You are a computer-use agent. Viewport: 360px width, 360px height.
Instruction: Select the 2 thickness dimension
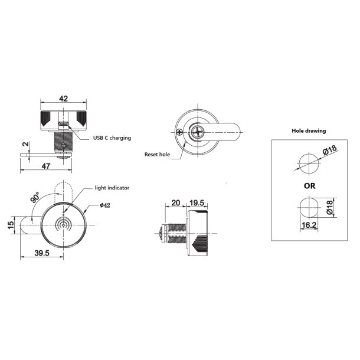coord(25,144)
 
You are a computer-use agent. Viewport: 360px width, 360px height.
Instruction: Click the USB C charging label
coord(112,138)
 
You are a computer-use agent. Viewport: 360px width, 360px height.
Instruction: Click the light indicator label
coord(112,188)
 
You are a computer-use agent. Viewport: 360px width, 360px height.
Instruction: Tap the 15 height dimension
coord(12,225)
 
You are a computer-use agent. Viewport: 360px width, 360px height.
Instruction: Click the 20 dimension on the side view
coord(175,202)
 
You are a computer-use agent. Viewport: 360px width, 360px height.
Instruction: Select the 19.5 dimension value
coord(197,202)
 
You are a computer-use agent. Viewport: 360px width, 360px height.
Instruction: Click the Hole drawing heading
coord(309,130)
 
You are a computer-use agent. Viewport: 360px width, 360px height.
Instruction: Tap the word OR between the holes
coord(308,185)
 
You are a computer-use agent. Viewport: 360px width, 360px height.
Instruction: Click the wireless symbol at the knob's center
coord(63,225)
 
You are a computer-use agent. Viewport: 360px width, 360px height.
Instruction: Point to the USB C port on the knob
coord(66,125)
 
